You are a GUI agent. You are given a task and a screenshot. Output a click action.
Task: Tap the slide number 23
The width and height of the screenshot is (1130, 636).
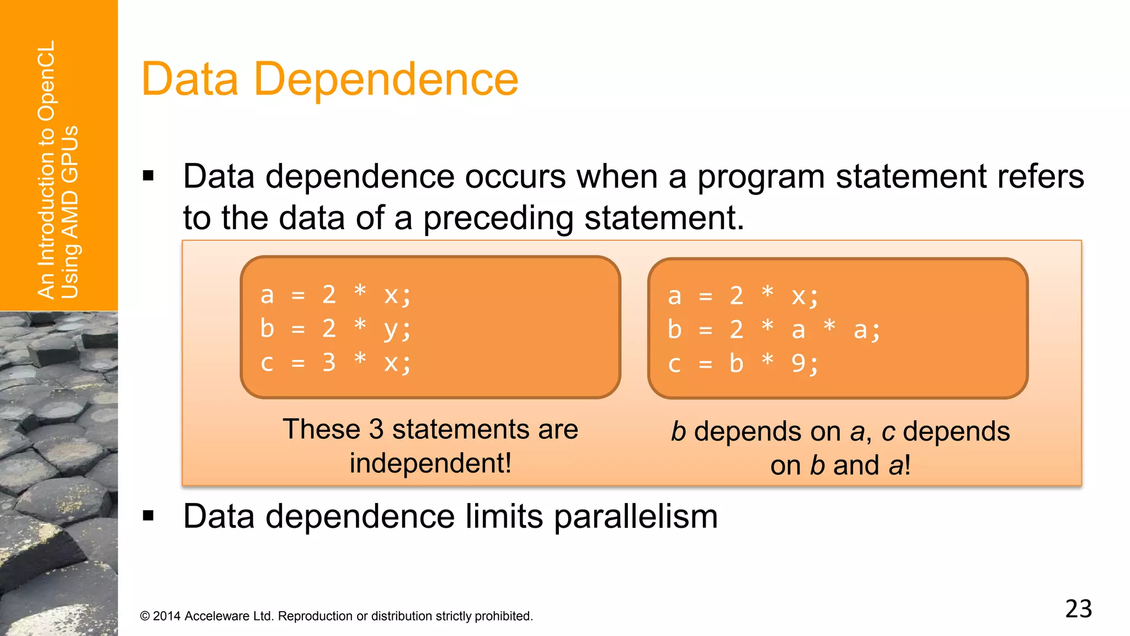tap(1078, 609)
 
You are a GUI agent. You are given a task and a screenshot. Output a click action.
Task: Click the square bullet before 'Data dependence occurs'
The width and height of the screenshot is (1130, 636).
tap(148, 176)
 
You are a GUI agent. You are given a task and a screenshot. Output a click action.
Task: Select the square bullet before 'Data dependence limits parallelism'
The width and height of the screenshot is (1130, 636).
tap(148, 516)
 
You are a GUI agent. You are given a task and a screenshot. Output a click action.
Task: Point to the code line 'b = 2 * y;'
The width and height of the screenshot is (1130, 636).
tap(335, 328)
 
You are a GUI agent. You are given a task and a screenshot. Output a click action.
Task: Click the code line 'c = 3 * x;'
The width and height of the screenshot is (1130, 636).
tap(335, 363)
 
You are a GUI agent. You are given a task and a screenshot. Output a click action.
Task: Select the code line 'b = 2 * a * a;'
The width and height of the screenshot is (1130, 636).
tap(774, 330)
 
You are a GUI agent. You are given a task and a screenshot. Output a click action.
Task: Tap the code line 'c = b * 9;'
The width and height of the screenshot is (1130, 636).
tap(743, 364)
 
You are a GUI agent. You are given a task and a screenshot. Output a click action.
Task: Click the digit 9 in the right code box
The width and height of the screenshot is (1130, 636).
tap(798, 363)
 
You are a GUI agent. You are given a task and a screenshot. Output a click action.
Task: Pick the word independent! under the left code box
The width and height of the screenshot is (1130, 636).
tap(430, 463)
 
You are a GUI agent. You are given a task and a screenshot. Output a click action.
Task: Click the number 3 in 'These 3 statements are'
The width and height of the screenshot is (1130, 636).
tap(376, 429)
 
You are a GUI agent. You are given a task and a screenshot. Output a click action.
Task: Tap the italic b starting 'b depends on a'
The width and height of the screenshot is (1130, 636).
tap(678, 432)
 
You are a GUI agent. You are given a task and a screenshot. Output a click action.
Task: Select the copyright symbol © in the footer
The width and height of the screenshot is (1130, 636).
tap(145, 616)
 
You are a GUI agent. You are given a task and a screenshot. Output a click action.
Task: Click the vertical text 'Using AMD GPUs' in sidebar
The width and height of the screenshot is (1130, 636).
tap(70, 212)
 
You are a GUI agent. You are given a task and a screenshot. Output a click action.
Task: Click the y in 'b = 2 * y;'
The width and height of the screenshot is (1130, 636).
tap(391, 330)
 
